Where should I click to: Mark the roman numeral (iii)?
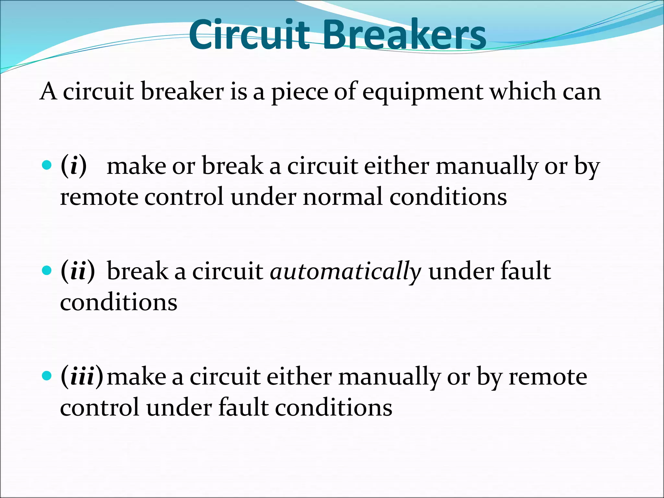(x=82, y=377)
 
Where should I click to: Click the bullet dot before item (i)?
(x=47, y=165)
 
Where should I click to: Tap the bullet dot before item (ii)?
(x=47, y=270)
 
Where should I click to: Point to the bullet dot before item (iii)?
(x=47, y=376)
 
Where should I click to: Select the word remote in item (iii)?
(x=548, y=377)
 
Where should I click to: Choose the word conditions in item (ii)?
(x=119, y=302)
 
